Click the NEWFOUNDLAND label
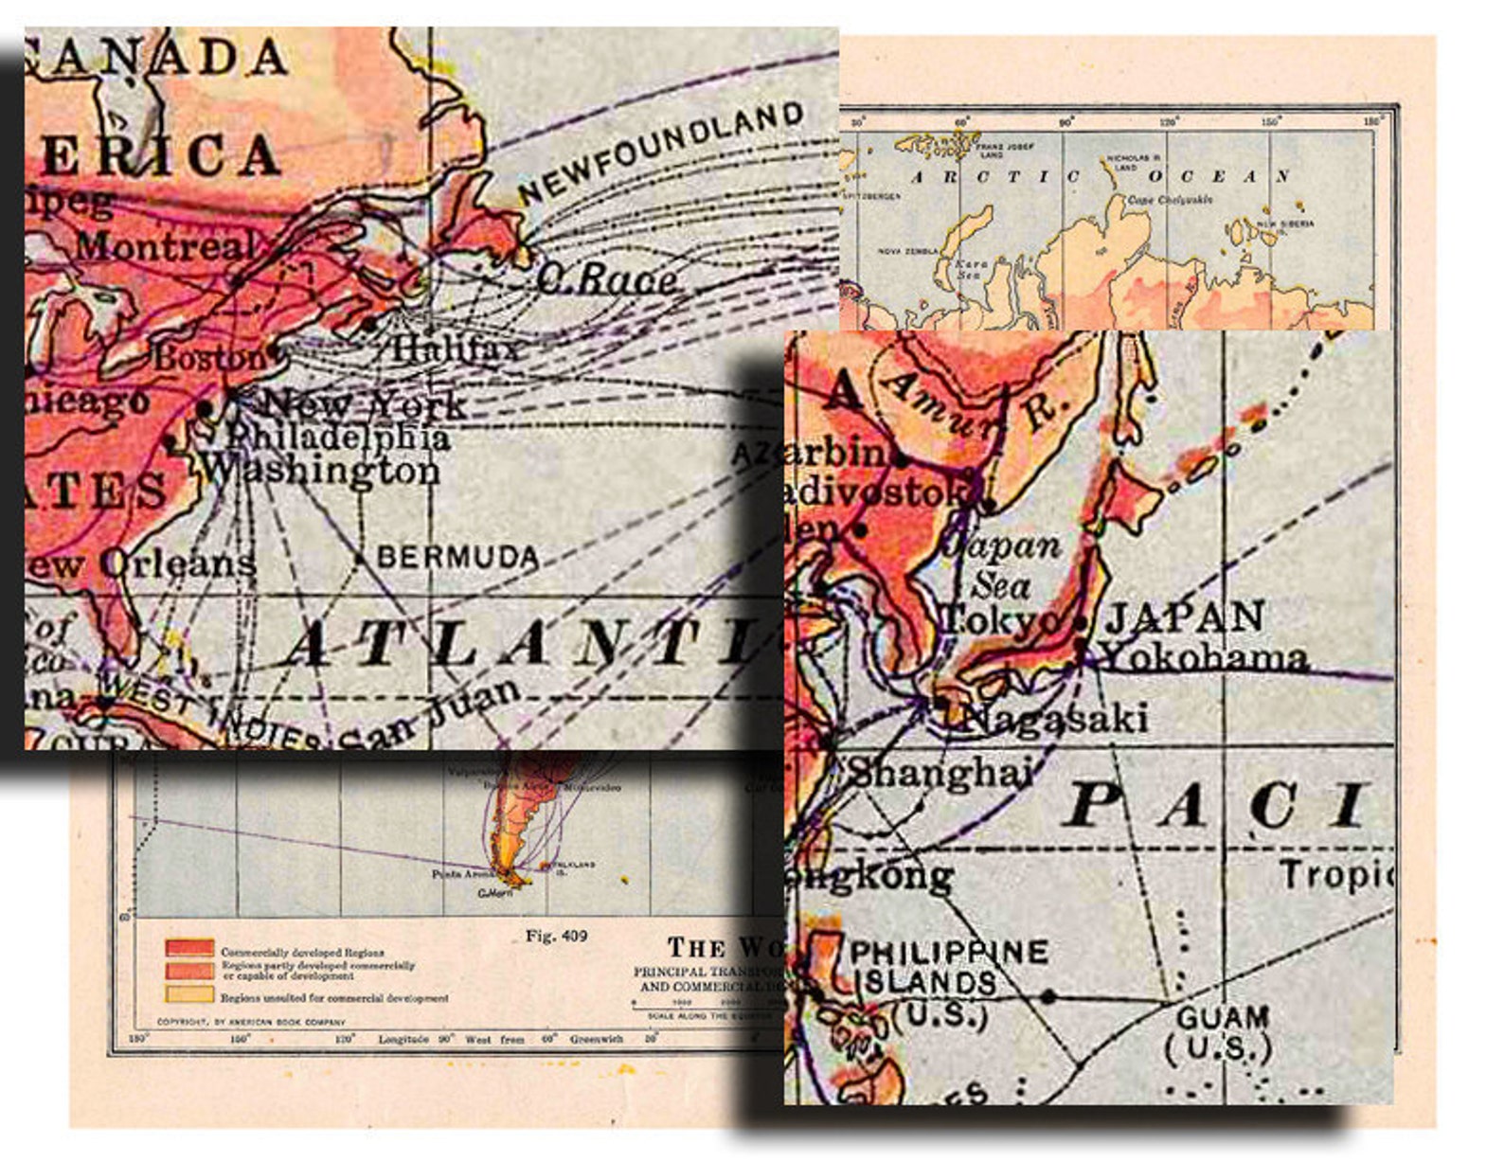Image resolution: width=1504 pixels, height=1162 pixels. click(661, 152)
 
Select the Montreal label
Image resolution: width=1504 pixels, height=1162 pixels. click(165, 247)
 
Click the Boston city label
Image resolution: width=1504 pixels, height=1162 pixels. click(210, 358)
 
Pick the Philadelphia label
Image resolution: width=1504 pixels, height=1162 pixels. click(337, 437)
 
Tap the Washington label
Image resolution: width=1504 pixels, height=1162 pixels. click(321, 470)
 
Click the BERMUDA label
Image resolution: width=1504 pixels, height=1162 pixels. click(457, 557)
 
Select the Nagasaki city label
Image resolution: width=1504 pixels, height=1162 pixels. click(1054, 719)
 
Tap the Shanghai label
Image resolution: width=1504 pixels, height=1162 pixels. click(939, 773)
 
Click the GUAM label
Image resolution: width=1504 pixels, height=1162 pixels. click(1222, 1018)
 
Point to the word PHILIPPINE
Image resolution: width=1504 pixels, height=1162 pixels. click(950, 952)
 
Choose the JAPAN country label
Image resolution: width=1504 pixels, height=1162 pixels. click(1185, 617)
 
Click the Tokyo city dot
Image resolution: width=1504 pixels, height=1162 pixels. click(1081, 623)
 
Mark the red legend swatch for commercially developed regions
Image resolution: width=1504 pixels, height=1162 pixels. click(189, 948)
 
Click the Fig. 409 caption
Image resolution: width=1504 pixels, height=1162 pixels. click(556, 936)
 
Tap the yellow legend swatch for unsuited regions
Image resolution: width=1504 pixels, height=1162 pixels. click(189, 993)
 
